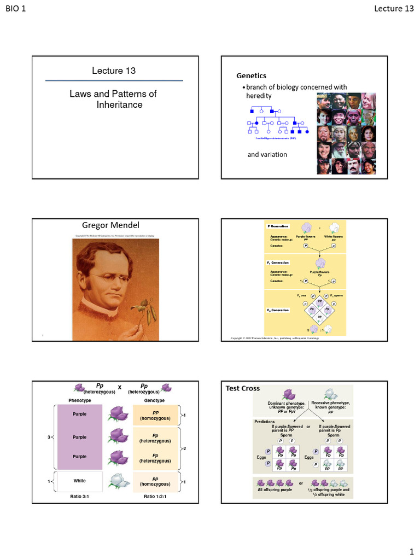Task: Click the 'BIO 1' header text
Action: pos(16,8)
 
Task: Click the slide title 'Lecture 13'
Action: pos(114,71)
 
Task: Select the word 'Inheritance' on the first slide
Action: pos(119,104)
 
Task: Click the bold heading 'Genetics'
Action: pos(251,75)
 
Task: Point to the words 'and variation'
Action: pos(267,154)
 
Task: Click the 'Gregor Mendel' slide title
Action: pos(111,225)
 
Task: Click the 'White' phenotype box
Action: pos(80,481)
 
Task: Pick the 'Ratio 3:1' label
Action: pos(80,497)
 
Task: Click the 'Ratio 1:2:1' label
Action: pos(156,497)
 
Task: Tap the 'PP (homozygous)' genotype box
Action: pos(155,416)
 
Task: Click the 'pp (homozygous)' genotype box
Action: pos(155,481)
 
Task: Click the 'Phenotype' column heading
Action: pos(80,401)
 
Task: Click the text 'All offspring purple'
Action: pos(275,489)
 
